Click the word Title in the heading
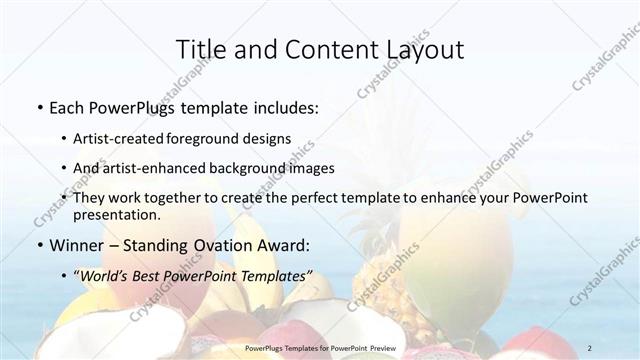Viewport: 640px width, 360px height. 198,49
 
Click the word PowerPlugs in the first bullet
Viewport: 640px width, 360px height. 129,106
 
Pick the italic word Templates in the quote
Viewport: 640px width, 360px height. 275,275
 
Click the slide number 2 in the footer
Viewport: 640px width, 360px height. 590,348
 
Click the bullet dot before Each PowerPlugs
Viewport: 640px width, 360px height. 39,106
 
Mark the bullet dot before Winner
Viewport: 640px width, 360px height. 39,244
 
